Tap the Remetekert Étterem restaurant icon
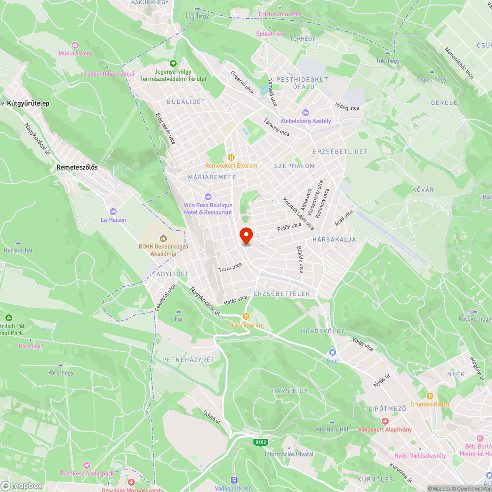click(x=231, y=157)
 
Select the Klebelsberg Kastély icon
click(x=306, y=113)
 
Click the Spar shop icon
click(x=333, y=352)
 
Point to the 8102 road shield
click(x=261, y=442)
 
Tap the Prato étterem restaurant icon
click(x=246, y=316)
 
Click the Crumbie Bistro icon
click(x=430, y=396)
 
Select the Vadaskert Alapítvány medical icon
click(x=385, y=421)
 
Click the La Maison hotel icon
click(x=113, y=212)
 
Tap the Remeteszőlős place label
click(x=77, y=167)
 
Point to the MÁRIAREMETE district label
click(x=212, y=177)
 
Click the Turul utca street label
click(x=230, y=268)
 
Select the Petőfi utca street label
click(x=289, y=227)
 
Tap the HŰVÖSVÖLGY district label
click(x=323, y=331)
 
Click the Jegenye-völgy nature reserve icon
click(x=173, y=63)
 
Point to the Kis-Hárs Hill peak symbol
click(x=332, y=421)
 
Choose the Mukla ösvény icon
click(x=75, y=45)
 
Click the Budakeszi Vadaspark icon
click(x=87, y=465)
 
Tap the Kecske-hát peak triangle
click(x=18, y=243)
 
